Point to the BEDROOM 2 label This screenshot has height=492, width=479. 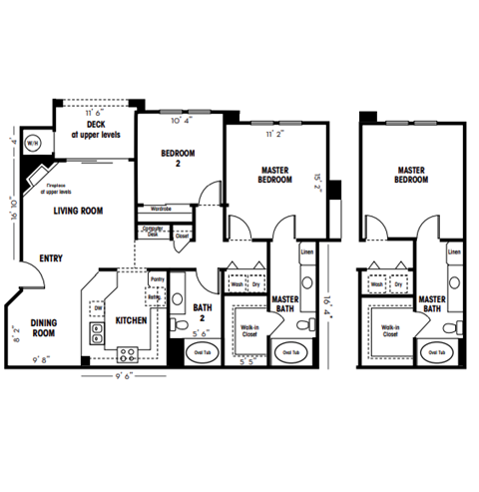pos(178,158)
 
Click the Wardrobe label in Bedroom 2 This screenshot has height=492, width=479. pos(162,210)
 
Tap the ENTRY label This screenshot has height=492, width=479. pos(51,258)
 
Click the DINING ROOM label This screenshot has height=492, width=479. pos(43,327)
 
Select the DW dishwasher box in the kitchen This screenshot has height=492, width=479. pos(98,308)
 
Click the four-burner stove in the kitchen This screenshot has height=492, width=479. pos(129,352)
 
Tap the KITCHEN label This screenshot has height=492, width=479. pos(132,320)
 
